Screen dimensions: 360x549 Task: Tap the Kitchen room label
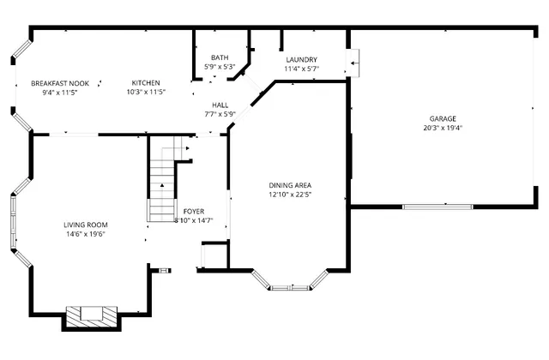pyautogui.click(x=146, y=83)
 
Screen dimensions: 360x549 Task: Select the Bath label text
pyautogui.click(x=220, y=57)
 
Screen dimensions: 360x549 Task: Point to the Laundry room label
pyautogui.click(x=301, y=59)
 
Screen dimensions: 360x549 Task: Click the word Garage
pyautogui.click(x=443, y=118)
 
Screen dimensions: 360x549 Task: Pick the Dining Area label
pyautogui.click(x=290, y=185)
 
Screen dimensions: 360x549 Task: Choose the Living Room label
pyautogui.click(x=85, y=225)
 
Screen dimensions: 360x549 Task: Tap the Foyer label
pyautogui.click(x=194, y=211)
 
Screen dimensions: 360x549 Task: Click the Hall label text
pyautogui.click(x=220, y=105)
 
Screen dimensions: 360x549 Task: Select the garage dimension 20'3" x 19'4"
pyautogui.click(x=443, y=128)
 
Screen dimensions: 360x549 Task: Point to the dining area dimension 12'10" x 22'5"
pyautogui.click(x=290, y=194)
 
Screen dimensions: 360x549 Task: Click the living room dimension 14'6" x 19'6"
pyautogui.click(x=85, y=233)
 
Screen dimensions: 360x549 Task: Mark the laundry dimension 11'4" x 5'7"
pyautogui.click(x=301, y=69)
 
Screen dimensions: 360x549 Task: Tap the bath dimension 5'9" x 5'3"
pyautogui.click(x=220, y=66)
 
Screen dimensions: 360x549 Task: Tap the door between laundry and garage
pyautogui.click(x=353, y=62)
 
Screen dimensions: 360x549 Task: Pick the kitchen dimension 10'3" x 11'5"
pyautogui.click(x=146, y=92)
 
